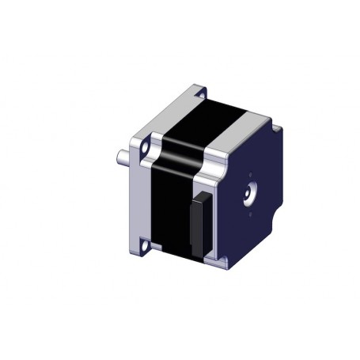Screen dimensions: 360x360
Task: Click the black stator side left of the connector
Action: click(x=170, y=214)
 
